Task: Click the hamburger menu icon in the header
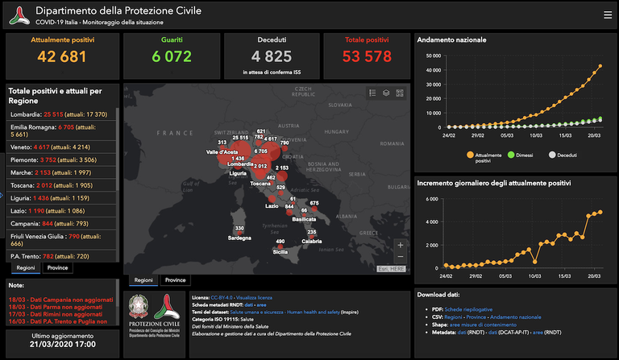(x=607, y=14)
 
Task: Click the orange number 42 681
(x=62, y=56)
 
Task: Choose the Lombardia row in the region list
(x=60, y=115)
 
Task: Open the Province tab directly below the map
(x=175, y=280)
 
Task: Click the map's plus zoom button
(x=401, y=244)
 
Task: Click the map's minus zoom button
(x=401, y=257)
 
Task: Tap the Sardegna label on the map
(x=239, y=238)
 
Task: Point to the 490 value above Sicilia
(x=280, y=242)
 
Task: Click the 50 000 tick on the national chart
(x=432, y=56)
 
